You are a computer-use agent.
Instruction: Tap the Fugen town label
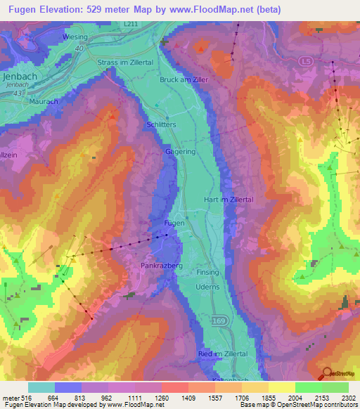[x=174, y=223]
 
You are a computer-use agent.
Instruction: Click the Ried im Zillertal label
[x=224, y=353]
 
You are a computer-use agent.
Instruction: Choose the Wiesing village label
[x=74, y=37]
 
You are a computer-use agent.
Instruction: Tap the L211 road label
[x=131, y=24]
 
